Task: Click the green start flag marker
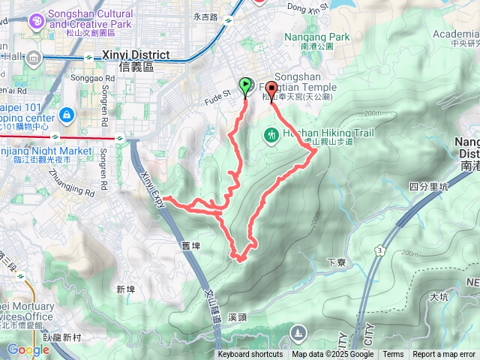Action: coord(245,86)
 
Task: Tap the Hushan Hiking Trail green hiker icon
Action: coord(271,135)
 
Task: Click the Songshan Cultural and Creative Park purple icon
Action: coord(35,22)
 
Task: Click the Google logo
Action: coord(28,349)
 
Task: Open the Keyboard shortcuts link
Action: coord(250,355)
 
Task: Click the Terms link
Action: coord(393,355)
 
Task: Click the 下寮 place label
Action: coord(335,262)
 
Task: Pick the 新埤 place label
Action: coord(125,289)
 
